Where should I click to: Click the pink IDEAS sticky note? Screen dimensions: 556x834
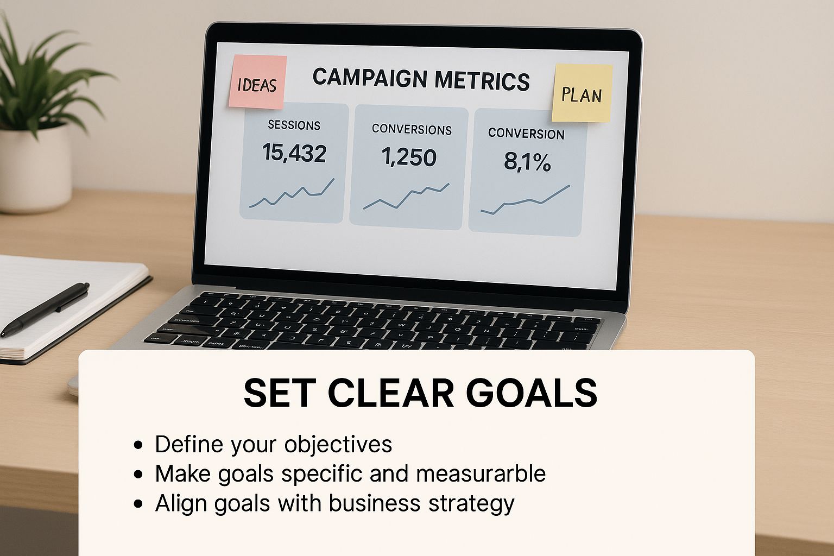(257, 83)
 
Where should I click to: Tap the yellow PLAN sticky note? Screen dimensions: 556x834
(582, 93)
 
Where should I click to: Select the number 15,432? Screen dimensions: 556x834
(294, 153)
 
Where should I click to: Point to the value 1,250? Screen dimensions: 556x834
(409, 157)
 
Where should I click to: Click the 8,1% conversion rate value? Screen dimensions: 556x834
(527, 161)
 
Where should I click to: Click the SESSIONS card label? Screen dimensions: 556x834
(294, 125)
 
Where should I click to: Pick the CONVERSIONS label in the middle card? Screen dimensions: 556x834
(412, 130)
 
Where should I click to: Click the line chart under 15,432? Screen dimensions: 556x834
(292, 194)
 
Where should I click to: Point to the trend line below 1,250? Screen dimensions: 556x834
(406, 197)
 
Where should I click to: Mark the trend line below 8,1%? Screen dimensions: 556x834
(525, 201)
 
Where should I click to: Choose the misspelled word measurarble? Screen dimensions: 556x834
(481, 473)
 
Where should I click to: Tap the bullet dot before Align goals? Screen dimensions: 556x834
(139, 503)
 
